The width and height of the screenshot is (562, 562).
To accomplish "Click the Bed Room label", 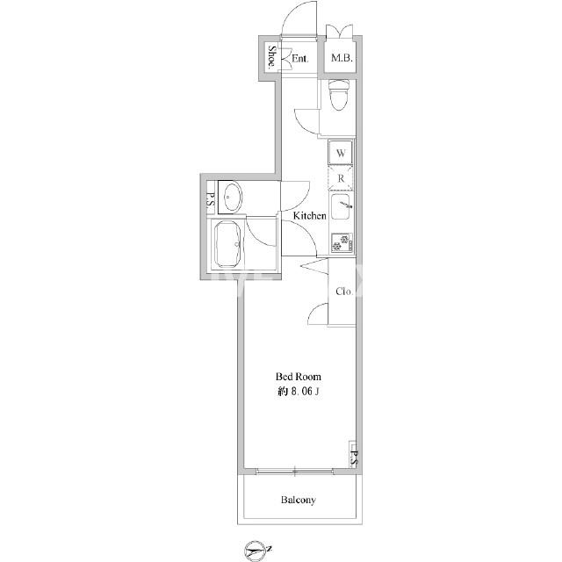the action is pos(299,377).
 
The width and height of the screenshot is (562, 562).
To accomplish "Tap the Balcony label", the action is pos(299,500).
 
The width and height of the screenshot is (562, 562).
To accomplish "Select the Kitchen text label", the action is pos(310,216).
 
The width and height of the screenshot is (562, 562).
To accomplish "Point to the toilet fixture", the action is pos(339,94).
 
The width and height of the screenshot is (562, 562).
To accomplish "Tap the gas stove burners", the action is pos(342,243).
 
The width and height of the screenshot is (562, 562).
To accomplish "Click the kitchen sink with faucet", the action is pos(342,206).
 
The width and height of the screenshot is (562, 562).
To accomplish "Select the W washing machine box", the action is pos(341,153).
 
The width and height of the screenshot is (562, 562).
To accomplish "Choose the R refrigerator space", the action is pos(341,178).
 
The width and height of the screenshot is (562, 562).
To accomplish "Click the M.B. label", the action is pos(342,58).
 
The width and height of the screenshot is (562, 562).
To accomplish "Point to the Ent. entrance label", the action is pos(300,59).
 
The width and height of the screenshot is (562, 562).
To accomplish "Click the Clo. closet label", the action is pos(344,292).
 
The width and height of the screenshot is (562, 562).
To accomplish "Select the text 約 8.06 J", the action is pos(299,392).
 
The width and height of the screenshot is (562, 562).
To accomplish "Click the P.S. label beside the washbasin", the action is pos(211,202).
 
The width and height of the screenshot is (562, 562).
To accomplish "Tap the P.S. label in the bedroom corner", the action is pos(354,458).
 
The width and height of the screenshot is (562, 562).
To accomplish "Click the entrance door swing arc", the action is pos(291,14).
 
